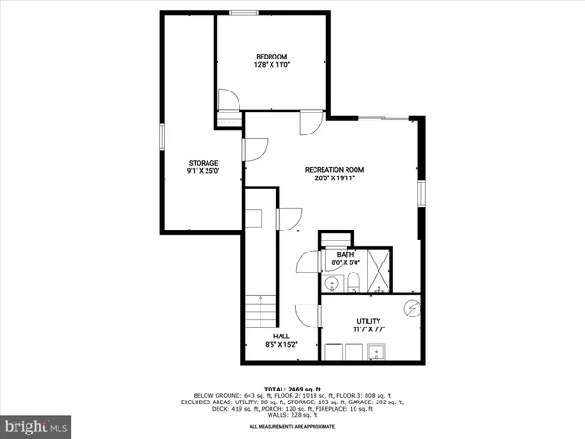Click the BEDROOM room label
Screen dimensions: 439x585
(x=271, y=57)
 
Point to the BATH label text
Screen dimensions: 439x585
(x=345, y=255)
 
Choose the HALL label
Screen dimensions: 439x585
(x=269, y=337)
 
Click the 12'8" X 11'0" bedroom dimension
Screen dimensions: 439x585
(x=271, y=65)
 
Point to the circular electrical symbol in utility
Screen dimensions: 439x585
(x=412, y=307)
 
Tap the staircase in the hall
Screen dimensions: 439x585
(x=261, y=311)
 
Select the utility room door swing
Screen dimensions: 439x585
(x=308, y=316)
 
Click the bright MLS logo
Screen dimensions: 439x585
(x=37, y=426)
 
